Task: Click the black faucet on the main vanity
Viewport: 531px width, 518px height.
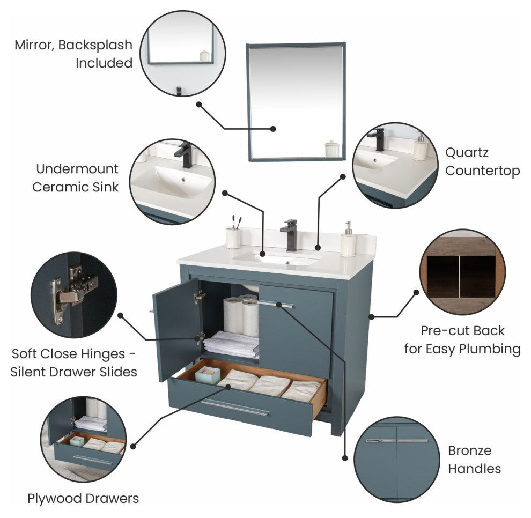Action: click(x=291, y=234)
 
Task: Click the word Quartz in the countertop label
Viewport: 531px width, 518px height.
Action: click(x=467, y=152)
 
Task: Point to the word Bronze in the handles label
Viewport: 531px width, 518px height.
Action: click(x=469, y=450)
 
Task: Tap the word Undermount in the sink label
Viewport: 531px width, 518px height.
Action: click(x=77, y=169)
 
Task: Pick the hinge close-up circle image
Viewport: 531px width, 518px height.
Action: click(x=73, y=294)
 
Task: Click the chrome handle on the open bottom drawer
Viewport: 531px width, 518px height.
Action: click(x=235, y=408)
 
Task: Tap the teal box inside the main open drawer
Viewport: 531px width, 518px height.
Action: click(x=207, y=375)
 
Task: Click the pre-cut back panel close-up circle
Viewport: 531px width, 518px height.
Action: click(x=462, y=271)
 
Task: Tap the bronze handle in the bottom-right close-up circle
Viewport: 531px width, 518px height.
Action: click(x=397, y=441)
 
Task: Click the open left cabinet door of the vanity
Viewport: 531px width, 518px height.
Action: click(x=175, y=328)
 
